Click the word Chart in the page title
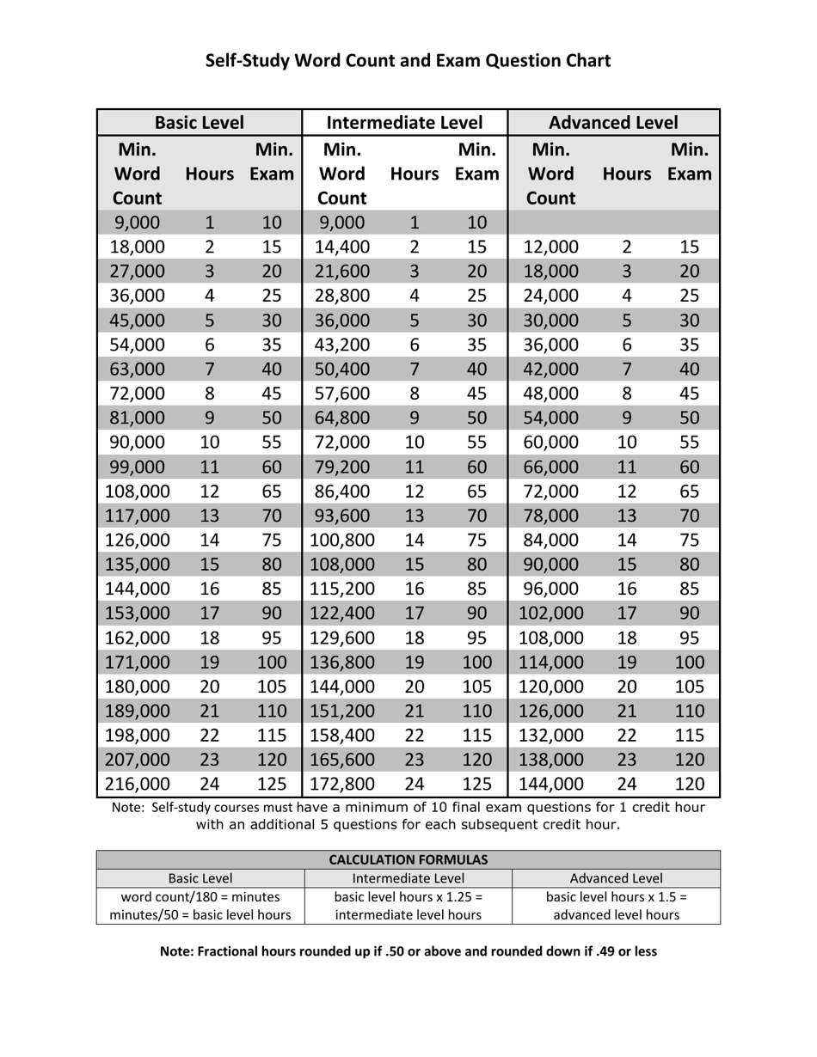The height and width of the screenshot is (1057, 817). coord(582,61)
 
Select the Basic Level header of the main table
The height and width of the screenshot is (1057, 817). coord(200,123)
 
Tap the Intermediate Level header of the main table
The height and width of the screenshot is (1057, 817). coord(405,123)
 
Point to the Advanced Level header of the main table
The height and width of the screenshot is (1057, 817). coord(613,123)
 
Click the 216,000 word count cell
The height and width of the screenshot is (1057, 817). coord(138,784)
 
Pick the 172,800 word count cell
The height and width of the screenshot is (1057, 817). coord(341,784)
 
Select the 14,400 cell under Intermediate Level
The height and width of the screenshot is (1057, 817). coord(341,247)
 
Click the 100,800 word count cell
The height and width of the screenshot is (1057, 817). coord(341,541)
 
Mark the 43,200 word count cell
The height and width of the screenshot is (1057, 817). coord(341,345)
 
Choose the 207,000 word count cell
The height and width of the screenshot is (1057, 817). coord(138,760)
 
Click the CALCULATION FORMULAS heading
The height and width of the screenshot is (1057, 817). coord(408,859)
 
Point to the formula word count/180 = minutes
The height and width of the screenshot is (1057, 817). coord(200,896)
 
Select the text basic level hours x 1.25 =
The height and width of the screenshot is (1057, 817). coord(408,896)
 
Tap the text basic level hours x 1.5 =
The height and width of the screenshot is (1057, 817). coord(617,896)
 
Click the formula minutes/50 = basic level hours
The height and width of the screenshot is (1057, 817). coord(200,915)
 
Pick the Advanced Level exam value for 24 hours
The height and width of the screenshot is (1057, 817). coord(690,784)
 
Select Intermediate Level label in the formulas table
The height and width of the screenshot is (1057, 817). coord(408,878)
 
